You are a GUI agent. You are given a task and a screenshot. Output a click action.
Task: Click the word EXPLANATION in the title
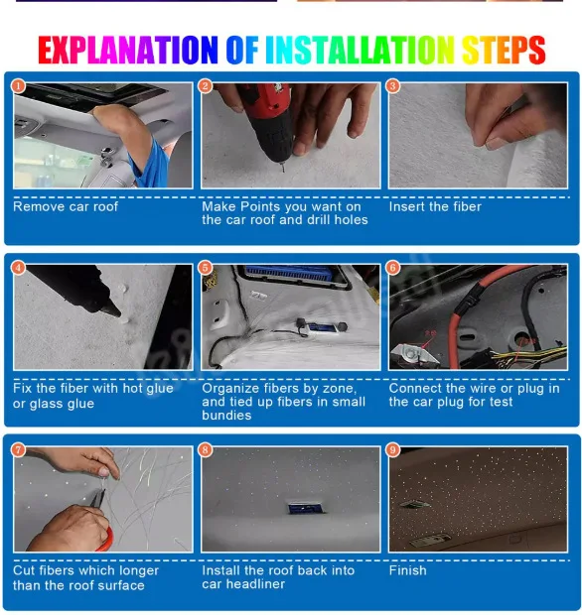click(128, 50)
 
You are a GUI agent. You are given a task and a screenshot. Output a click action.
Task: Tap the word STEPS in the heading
click(504, 50)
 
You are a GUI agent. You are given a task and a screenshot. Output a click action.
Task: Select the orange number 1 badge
click(18, 86)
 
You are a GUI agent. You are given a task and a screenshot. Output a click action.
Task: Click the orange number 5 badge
click(205, 268)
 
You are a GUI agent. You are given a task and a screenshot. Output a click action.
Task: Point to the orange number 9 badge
click(392, 450)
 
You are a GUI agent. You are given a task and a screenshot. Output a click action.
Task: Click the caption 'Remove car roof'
click(66, 206)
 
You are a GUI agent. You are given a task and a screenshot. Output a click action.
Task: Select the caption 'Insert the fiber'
click(435, 206)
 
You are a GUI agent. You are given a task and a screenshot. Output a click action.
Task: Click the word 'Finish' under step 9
click(407, 570)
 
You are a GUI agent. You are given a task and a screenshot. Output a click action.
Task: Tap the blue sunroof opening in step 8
click(307, 508)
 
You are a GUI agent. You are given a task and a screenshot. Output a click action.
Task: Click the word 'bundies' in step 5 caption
click(226, 415)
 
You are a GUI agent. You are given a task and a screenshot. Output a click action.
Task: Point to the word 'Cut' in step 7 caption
click(24, 570)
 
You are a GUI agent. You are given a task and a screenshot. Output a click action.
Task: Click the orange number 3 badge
click(392, 86)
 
